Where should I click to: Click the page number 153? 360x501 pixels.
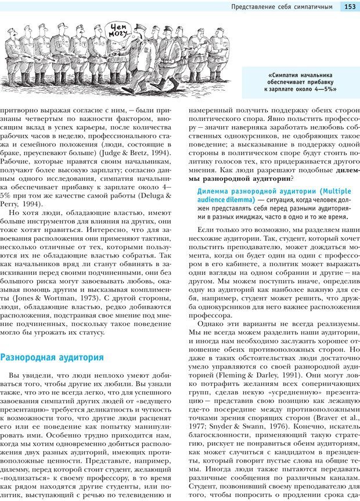pos(350,7)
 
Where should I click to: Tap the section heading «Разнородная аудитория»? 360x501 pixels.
pos(52,357)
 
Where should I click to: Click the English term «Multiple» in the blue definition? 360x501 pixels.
pos(337,191)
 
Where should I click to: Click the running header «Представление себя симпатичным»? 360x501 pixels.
pos(282,7)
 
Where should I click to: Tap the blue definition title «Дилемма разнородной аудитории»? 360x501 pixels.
pos(255,191)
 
